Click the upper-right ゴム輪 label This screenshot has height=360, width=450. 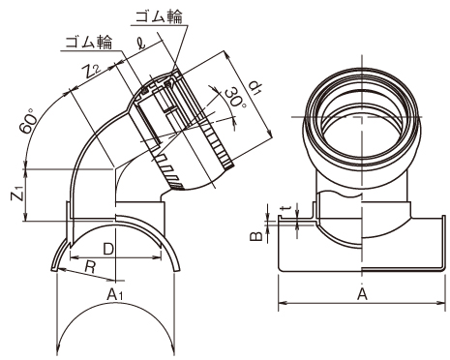coord(159,16)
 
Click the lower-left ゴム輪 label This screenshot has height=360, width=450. coord(89,43)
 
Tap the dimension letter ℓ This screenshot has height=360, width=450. coord(140,43)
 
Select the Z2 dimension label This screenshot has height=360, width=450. coord(92,72)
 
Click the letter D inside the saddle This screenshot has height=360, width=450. coord(108,249)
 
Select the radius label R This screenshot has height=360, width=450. coord(90,266)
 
